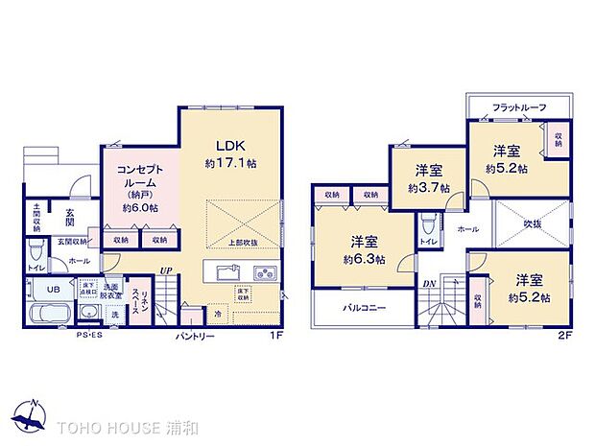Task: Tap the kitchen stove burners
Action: (266, 273)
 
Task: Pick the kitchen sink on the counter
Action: (220, 271)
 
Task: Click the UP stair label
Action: (166, 271)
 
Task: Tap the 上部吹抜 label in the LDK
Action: (244, 243)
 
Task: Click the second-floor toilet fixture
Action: (427, 227)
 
